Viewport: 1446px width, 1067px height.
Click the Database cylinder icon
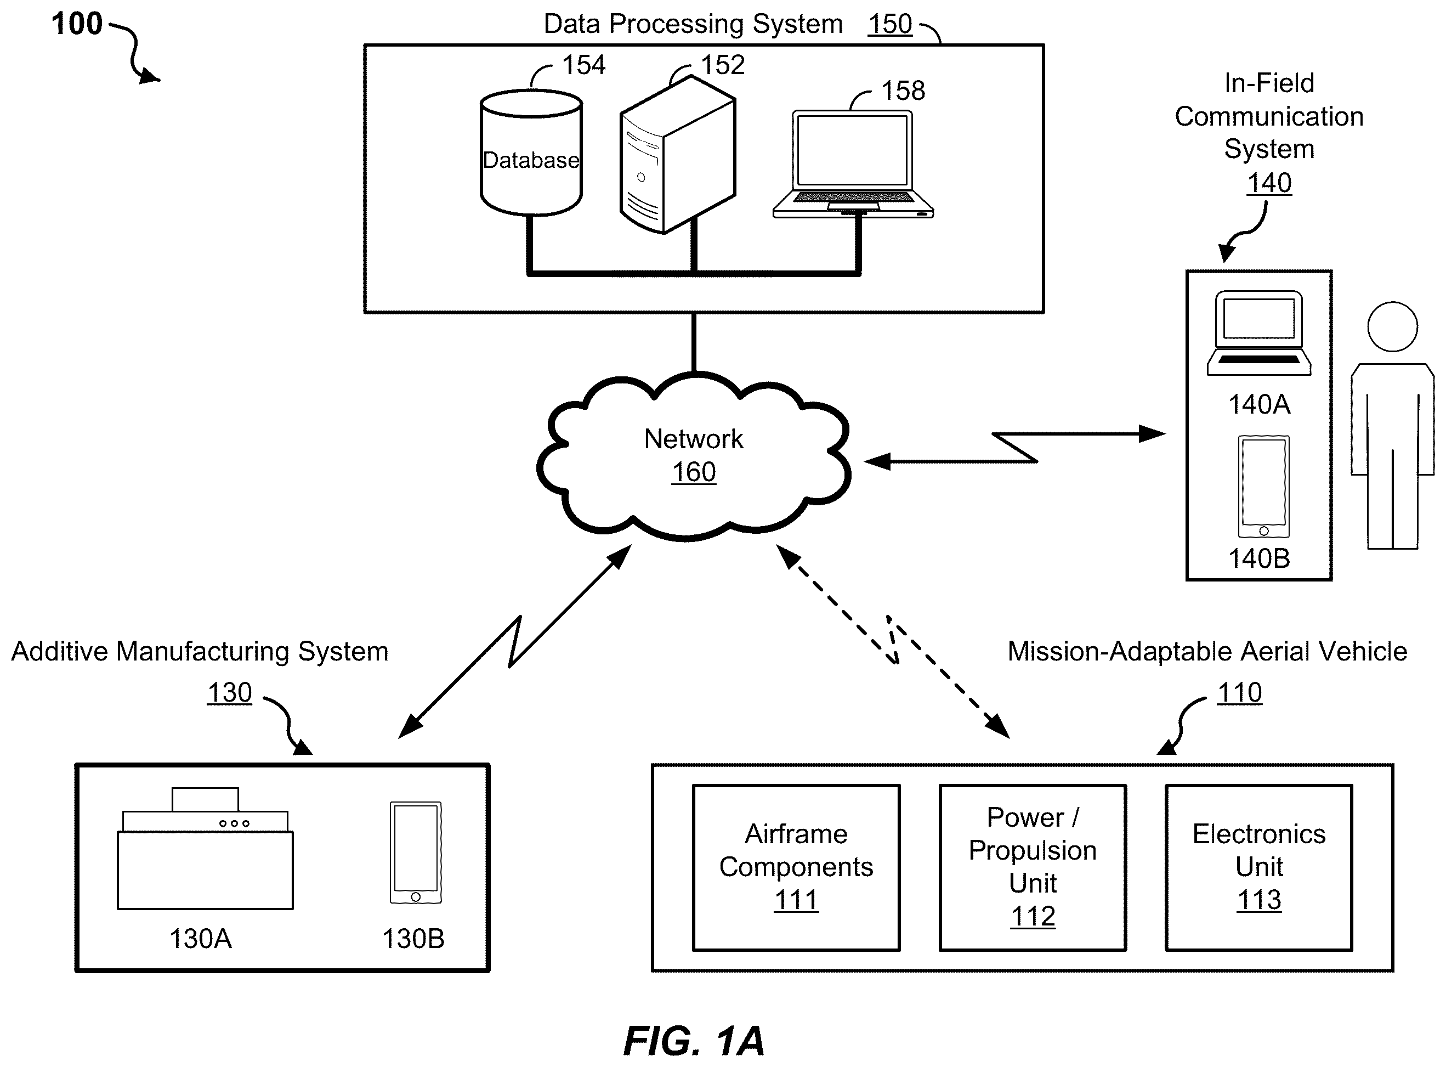pyautogui.click(x=531, y=153)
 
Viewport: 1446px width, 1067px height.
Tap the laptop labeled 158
pyautogui.click(x=853, y=164)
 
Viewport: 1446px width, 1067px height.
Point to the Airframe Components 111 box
pyautogui.click(x=796, y=867)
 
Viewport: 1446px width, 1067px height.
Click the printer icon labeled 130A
pyautogui.click(x=205, y=848)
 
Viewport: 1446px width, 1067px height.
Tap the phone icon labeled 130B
pyautogui.click(x=416, y=853)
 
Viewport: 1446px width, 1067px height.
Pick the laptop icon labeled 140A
pyautogui.click(x=1259, y=334)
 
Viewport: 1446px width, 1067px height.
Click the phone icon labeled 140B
pyautogui.click(x=1263, y=487)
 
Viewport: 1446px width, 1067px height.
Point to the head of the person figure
pyautogui.click(x=1392, y=327)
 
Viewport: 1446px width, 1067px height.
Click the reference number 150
pyautogui.click(x=889, y=25)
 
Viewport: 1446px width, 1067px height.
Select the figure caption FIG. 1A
pyautogui.click(x=694, y=1041)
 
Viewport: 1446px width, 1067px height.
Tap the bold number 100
pyautogui.click(x=77, y=24)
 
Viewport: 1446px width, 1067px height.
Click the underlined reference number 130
pyautogui.click(x=229, y=692)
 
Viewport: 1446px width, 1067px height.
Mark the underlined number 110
pyautogui.click(x=1239, y=692)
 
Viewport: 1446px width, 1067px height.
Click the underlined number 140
pyautogui.click(x=1269, y=183)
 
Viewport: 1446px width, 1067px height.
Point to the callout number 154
pyautogui.click(x=583, y=65)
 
